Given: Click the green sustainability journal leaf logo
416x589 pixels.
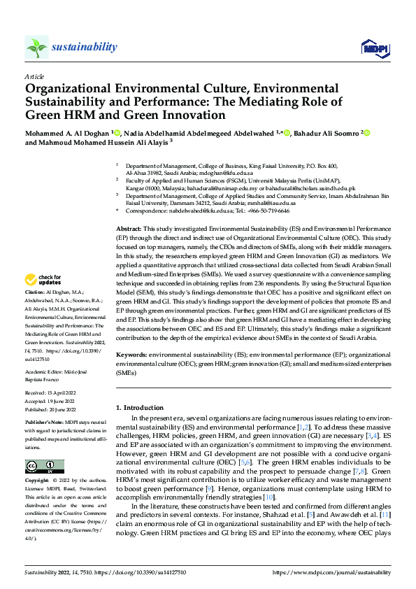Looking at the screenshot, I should click(36, 47).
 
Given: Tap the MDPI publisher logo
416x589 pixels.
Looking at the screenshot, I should click(374, 47).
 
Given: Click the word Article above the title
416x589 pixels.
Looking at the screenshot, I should click(34, 76).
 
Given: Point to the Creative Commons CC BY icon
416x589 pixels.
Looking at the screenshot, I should click(45, 466).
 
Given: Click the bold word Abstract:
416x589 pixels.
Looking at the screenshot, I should click(129, 190).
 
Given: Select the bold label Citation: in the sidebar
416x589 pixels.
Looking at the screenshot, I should click(35, 310).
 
